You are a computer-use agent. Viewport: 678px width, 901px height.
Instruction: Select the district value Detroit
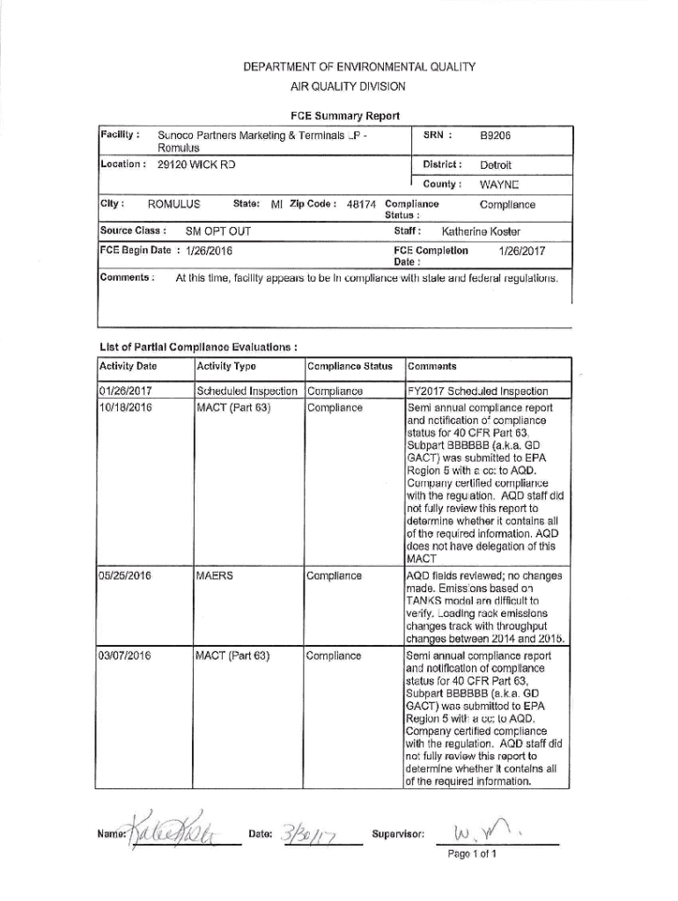(x=496, y=165)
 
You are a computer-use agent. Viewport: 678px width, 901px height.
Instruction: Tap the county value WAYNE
(x=498, y=185)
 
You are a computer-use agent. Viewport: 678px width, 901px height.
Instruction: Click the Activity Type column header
(x=226, y=366)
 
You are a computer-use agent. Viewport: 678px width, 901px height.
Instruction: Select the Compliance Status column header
(x=349, y=366)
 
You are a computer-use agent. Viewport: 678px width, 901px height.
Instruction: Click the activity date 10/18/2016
(x=129, y=407)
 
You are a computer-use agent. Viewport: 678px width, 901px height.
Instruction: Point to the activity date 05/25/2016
(x=129, y=576)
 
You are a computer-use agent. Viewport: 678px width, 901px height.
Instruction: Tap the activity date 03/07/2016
(x=129, y=656)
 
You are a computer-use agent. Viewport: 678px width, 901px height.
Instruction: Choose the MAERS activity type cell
(x=215, y=576)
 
